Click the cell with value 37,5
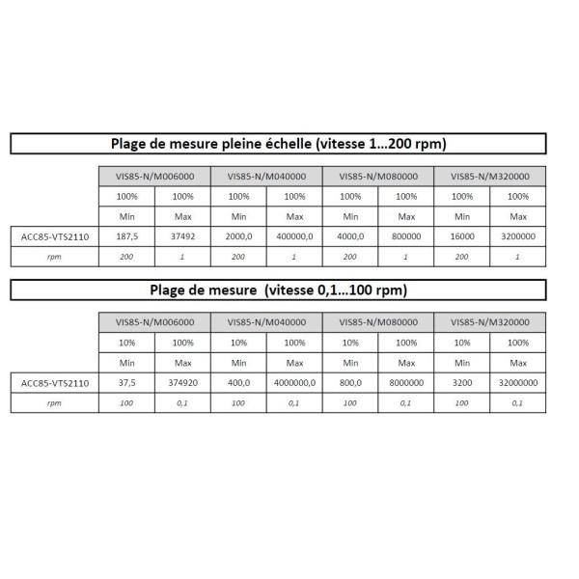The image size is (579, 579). pyautogui.click(x=126, y=382)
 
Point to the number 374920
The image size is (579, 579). pyautogui.click(x=182, y=382)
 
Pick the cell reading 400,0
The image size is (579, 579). pyautogui.click(x=238, y=382)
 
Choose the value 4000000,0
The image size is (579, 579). pyautogui.click(x=294, y=382)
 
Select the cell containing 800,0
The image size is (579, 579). pyautogui.click(x=350, y=382)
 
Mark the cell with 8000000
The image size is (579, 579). pyautogui.click(x=406, y=382)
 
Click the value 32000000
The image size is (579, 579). pyautogui.click(x=518, y=382)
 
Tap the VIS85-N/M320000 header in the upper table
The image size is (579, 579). pyautogui.click(x=490, y=177)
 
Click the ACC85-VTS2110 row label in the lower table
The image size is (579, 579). pyautogui.click(x=55, y=382)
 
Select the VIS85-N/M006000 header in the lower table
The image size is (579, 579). pyautogui.click(x=154, y=322)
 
